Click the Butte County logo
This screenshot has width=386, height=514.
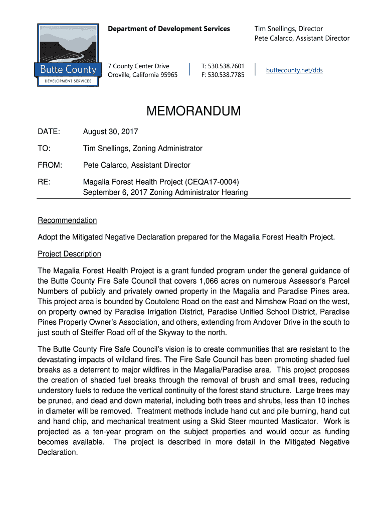(x=68, y=55)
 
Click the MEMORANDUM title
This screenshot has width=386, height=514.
(x=194, y=111)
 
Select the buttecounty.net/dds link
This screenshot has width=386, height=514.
(x=294, y=70)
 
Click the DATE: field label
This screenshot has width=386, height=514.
(x=49, y=132)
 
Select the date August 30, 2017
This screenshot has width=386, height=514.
(x=110, y=132)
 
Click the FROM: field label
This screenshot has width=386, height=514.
(x=50, y=165)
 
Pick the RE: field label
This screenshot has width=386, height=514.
(x=44, y=182)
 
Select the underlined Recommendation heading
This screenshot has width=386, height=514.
(x=67, y=220)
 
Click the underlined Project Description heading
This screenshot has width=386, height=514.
(x=70, y=254)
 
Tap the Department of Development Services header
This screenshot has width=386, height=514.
(x=169, y=29)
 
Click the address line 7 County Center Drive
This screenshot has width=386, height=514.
(x=139, y=66)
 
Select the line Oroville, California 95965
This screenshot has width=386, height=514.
(x=143, y=75)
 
